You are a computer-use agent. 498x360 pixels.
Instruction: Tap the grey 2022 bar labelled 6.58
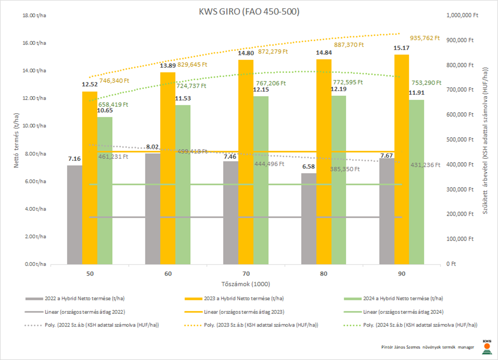309,219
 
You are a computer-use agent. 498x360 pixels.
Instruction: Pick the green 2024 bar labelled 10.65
105,190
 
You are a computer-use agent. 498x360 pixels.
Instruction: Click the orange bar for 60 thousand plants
168,168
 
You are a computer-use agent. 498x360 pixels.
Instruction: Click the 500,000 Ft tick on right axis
460,140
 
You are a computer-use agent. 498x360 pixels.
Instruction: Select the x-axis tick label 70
246,274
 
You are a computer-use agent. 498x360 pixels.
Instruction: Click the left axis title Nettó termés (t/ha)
17,140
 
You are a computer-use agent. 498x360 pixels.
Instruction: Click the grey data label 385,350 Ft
345,169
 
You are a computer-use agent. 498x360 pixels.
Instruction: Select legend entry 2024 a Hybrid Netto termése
403,298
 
